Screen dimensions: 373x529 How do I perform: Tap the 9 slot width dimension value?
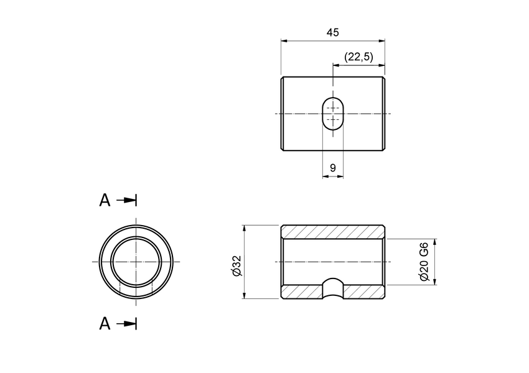[333, 168]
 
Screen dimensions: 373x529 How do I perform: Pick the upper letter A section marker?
[105, 200]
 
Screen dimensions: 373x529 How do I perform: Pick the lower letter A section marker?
[105, 323]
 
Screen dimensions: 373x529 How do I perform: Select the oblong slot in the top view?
[333, 113]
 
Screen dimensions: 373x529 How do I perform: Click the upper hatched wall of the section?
[333, 231]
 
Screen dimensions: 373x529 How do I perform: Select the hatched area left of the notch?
[302, 292]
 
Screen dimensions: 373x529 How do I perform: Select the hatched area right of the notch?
[364, 292]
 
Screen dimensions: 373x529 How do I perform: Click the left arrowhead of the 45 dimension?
[284, 41]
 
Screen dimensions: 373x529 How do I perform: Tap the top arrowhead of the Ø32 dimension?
[245, 228]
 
